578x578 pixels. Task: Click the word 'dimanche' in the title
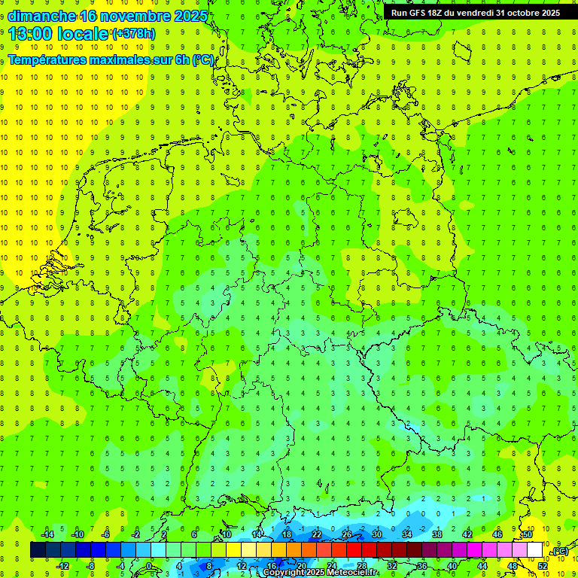41,16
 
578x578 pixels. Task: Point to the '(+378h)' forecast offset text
133,34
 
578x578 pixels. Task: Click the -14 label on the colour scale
47,534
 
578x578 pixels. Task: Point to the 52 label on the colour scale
542,566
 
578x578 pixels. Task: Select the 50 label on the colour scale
528,534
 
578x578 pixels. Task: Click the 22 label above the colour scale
317,534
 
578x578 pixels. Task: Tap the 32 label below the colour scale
391,566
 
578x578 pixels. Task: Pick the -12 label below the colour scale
62,566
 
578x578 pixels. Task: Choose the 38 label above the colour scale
437,534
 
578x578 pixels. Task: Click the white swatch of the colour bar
534,550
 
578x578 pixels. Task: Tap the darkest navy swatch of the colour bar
38,550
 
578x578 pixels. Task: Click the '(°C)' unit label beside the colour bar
559,552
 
